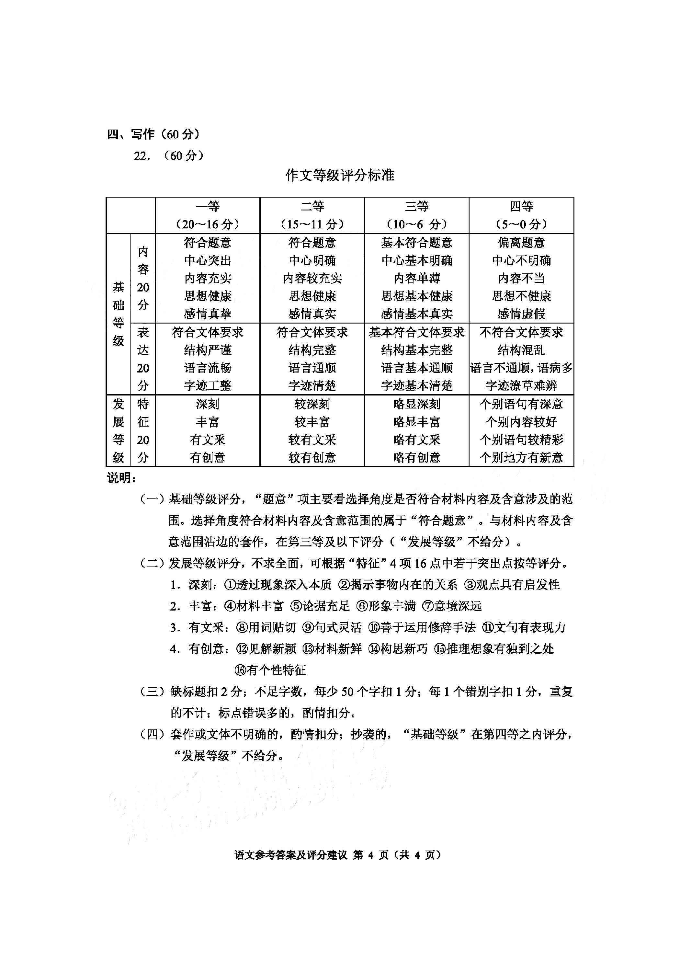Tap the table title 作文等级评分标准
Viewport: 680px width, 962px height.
(340, 175)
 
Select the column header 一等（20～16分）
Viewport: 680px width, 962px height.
(207, 215)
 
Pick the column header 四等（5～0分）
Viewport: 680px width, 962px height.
(521, 215)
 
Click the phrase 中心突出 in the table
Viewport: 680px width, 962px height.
(207, 261)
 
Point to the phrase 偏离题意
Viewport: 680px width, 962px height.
(521, 243)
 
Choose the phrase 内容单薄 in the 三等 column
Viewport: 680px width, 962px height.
(416, 278)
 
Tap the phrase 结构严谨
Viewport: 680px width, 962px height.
(207, 350)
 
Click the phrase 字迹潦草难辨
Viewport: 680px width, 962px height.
(521, 385)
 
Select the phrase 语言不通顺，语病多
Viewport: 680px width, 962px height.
(521, 368)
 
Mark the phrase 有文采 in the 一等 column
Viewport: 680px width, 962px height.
(207, 440)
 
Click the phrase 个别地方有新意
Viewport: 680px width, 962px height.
(521, 457)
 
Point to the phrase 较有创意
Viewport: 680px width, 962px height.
(312, 457)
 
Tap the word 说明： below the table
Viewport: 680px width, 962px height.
(121, 478)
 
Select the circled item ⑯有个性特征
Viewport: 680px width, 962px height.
(270, 670)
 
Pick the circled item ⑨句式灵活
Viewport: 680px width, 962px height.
(332, 627)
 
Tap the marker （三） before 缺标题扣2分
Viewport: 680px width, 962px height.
(153, 691)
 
